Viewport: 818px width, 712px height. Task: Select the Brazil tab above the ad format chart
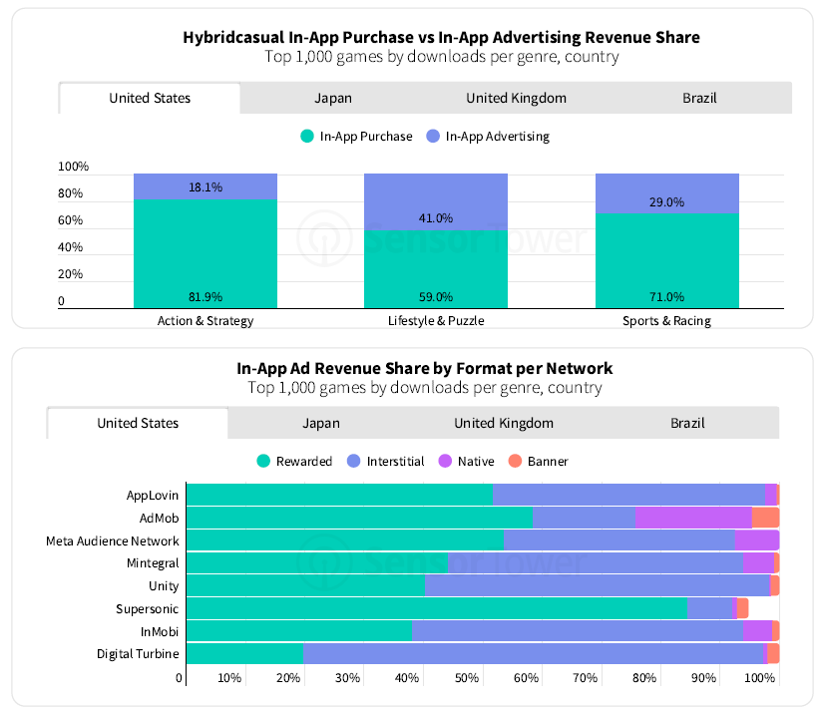pyautogui.click(x=686, y=423)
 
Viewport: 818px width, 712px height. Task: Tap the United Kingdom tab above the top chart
pyautogui.click(x=516, y=98)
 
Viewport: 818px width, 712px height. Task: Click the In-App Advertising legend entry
pyautogui.click(x=488, y=137)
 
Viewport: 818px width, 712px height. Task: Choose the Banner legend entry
pyautogui.click(x=539, y=461)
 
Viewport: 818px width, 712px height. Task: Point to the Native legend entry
pyautogui.click(x=468, y=461)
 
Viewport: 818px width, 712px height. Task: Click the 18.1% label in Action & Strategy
pyautogui.click(x=204, y=186)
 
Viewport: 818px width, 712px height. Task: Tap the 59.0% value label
pyautogui.click(x=436, y=296)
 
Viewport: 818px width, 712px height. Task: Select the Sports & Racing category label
pyautogui.click(x=666, y=321)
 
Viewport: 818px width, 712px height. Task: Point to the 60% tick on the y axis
pyautogui.click(x=73, y=220)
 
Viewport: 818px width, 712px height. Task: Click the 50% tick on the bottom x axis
pyautogui.click(x=466, y=679)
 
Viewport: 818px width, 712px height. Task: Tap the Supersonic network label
pyautogui.click(x=148, y=607)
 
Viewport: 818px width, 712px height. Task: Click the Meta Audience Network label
pyautogui.click(x=113, y=540)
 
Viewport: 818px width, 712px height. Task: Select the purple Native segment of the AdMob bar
pyautogui.click(x=693, y=517)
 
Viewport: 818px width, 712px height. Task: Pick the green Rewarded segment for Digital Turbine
pyautogui.click(x=244, y=653)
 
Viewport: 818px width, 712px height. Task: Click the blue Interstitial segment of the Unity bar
pyautogui.click(x=597, y=585)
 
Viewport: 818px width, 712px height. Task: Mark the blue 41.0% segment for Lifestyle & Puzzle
pyautogui.click(x=436, y=201)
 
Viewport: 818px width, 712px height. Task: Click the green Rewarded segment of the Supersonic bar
pyautogui.click(x=436, y=607)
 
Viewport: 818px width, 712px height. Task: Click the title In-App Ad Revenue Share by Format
pyautogui.click(x=424, y=368)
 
